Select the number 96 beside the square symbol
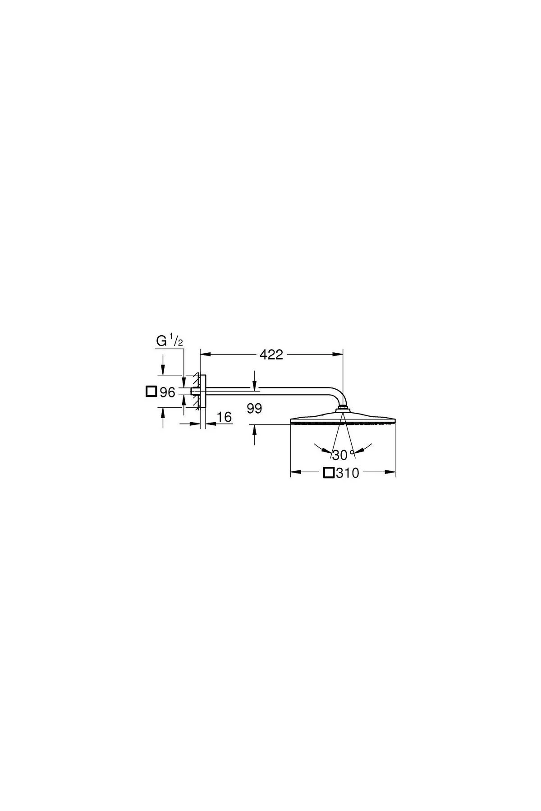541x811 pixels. tap(167, 392)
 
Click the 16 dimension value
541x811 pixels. tap(224, 417)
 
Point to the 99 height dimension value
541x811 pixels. tap(255, 409)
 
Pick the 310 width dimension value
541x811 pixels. tap(347, 473)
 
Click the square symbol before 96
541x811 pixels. tap(151, 392)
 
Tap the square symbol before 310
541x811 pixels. tap(329, 473)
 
